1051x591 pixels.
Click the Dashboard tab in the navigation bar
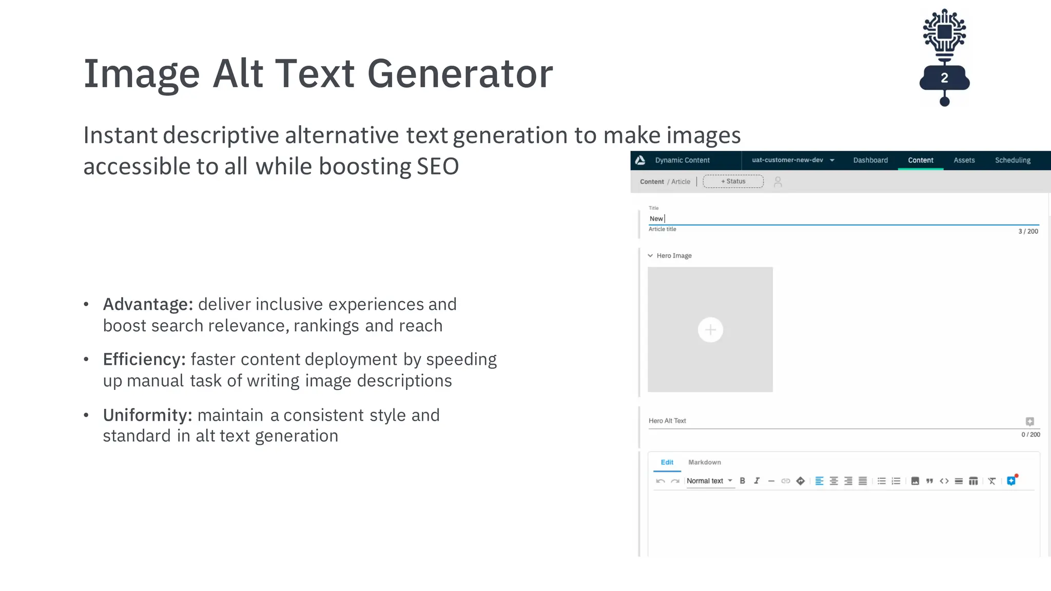click(x=870, y=160)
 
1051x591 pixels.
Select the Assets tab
click(x=964, y=160)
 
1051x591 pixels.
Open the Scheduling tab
click(x=1013, y=160)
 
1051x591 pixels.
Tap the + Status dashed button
click(x=733, y=182)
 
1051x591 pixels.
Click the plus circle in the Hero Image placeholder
click(x=710, y=330)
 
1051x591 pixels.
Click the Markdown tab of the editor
click(x=704, y=462)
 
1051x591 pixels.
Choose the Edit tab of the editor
click(x=667, y=462)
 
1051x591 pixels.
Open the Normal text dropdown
click(x=709, y=481)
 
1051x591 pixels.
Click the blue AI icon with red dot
click(x=1011, y=481)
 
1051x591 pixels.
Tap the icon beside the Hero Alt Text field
click(x=1029, y=421)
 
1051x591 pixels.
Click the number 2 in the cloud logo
click(x=944, y=78)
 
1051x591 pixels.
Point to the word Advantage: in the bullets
click(x=148, y=304)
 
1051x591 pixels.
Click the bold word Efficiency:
click(x=144, y=359)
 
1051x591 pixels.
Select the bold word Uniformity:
click(x=147, y=415)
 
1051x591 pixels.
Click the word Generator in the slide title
click(x=460, y=74)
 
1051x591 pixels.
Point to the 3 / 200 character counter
click(x=1028, y=231)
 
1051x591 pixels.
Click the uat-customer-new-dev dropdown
click(x=792, y=160)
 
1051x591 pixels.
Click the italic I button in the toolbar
click(x=756, y=481)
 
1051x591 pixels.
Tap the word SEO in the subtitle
click(x=437, y=166)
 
